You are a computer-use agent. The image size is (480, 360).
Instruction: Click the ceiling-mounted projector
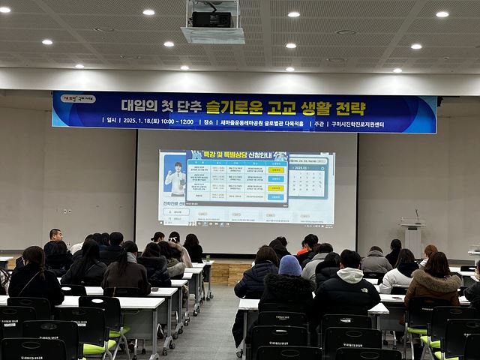212,19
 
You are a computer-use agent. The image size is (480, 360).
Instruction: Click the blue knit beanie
289,265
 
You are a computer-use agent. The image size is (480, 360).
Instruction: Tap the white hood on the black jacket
350,275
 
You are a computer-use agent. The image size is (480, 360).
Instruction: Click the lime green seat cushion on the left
98,348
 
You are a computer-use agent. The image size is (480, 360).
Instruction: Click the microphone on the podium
417,215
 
